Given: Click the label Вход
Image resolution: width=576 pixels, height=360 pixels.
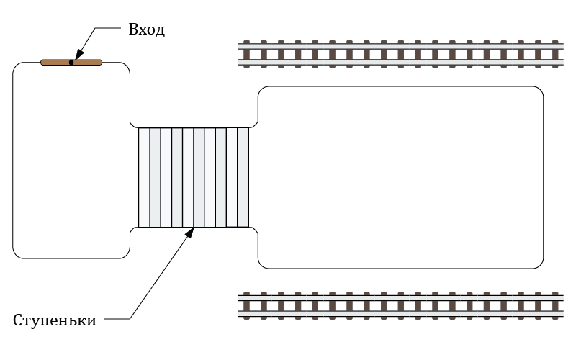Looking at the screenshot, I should point(146,30).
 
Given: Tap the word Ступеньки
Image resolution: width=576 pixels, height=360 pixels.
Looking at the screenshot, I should point(55,320).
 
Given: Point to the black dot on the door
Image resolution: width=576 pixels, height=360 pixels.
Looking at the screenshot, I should point(71,63).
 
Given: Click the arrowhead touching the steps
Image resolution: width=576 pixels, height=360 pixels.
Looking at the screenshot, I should point(190,231).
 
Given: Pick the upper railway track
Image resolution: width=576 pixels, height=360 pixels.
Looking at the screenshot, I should point(400,54).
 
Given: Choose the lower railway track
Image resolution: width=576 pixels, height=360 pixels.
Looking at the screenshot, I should point(400,305).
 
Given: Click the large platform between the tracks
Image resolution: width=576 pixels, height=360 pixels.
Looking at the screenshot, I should point(400,177).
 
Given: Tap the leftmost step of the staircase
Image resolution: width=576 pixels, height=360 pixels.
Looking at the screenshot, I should point(144,178).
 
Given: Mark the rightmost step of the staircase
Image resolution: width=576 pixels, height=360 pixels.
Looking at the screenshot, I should point(243,178).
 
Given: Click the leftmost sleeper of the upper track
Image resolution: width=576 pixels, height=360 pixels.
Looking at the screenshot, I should point(247,54).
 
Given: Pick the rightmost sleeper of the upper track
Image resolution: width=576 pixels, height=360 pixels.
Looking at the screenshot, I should point(554,54).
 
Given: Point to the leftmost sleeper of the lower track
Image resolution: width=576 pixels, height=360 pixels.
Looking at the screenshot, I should point(247,305).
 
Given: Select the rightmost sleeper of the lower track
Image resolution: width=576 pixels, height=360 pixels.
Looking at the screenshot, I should point(554,305).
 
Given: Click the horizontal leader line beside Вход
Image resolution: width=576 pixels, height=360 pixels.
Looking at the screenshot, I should point(108,30).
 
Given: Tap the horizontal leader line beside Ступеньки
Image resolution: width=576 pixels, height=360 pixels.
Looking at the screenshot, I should point(117,319).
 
